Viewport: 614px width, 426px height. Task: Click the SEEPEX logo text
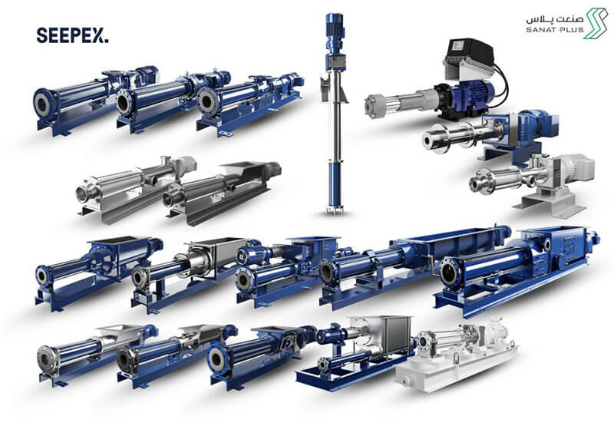tap(72, 35)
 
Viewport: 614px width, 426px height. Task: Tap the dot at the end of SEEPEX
tap(107, 41)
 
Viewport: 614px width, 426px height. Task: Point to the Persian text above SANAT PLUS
tap(554, 18)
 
